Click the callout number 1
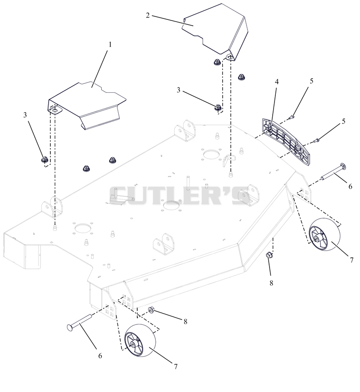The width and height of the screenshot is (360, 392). click(110, 45)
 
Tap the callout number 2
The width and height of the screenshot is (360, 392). click(148, 15)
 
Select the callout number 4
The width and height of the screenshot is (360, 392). click(277, 82)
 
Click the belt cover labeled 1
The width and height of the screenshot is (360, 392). click(87, 105)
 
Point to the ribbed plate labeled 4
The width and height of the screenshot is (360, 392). click(286, 141)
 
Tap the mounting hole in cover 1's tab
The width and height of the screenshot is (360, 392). click(54, 109)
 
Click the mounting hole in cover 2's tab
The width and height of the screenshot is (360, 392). click(229, 57)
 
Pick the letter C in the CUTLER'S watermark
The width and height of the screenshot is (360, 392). click(118, 196)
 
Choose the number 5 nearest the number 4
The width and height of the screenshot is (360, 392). click(311, 81)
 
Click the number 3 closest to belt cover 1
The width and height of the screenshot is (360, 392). click(25, 115)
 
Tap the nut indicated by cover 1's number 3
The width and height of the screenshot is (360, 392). click(45, 160)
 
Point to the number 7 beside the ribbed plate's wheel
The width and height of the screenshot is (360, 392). click(351, 260)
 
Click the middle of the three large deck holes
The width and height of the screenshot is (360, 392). click(172, 206)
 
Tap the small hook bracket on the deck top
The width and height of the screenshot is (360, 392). click(229, 160)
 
